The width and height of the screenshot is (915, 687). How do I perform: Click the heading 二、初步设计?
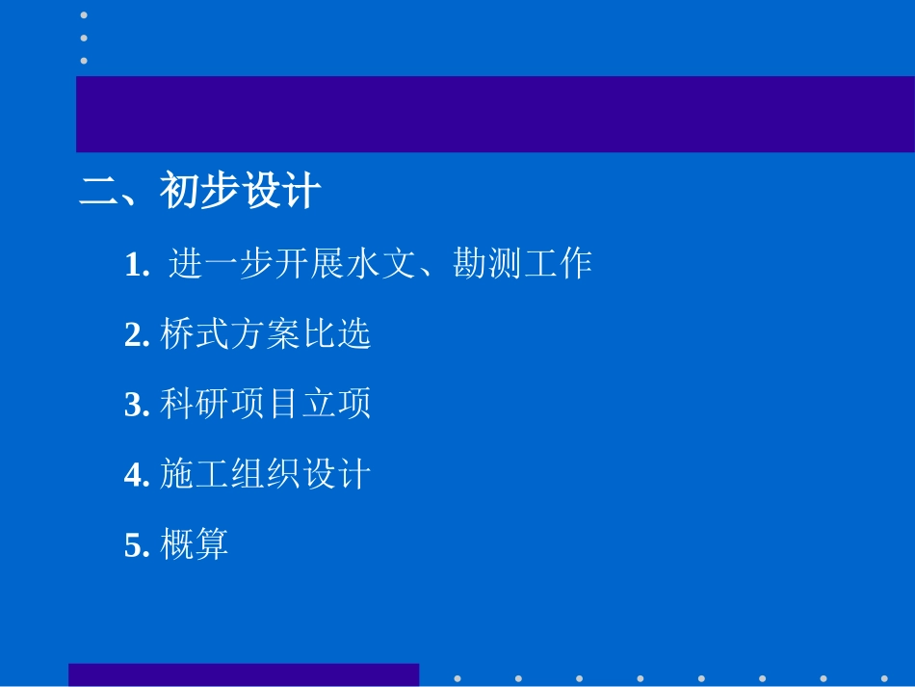click(198, 192)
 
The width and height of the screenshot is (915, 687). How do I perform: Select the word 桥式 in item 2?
click(195, 334)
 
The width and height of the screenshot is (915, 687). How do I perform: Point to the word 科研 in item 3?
click(195, 405)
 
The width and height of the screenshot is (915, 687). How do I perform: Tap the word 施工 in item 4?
click(195, 475)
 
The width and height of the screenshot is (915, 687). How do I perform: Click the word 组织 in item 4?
click(265, 475)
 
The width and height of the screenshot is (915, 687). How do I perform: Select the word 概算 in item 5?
click(195, 545)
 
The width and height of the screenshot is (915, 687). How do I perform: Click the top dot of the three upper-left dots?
click(84, 15)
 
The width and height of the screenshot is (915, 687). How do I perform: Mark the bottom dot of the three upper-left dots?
click(84, 60)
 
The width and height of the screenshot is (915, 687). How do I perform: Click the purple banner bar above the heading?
click(495, 114)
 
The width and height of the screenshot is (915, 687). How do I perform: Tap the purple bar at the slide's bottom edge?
click(244, 674)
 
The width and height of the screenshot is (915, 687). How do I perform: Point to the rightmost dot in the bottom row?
click(884, 678)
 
